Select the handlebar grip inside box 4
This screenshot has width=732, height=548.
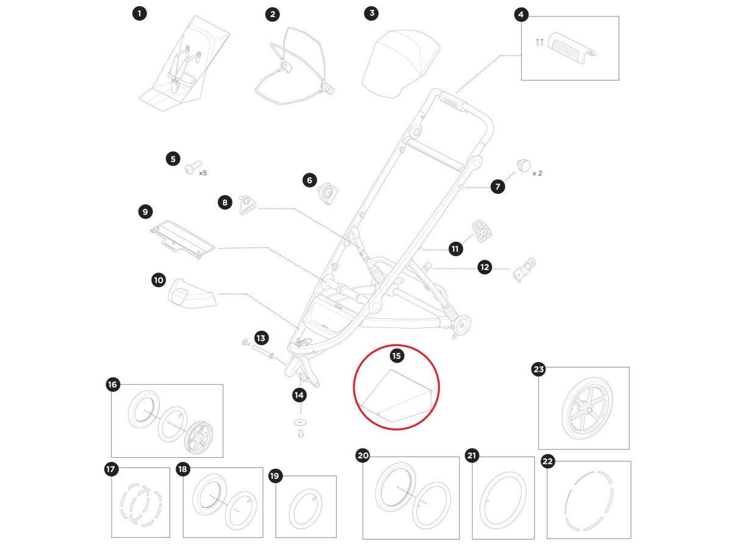(x=572, y=47)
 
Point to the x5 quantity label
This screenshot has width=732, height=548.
(x=203, y=173)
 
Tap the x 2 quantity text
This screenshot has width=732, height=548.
(x=537, y=173)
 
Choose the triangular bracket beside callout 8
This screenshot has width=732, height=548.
(x=247, y=204)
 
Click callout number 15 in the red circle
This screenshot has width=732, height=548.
(x=396, y=355)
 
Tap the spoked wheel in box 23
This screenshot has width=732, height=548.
(x=583, y=409)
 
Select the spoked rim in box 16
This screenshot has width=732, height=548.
(x=199, y=435)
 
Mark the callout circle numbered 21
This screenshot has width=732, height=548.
(x=472, y=456)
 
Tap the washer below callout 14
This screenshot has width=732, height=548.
(x=299, y=422)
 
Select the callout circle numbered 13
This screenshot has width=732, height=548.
(x=261, y=337)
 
